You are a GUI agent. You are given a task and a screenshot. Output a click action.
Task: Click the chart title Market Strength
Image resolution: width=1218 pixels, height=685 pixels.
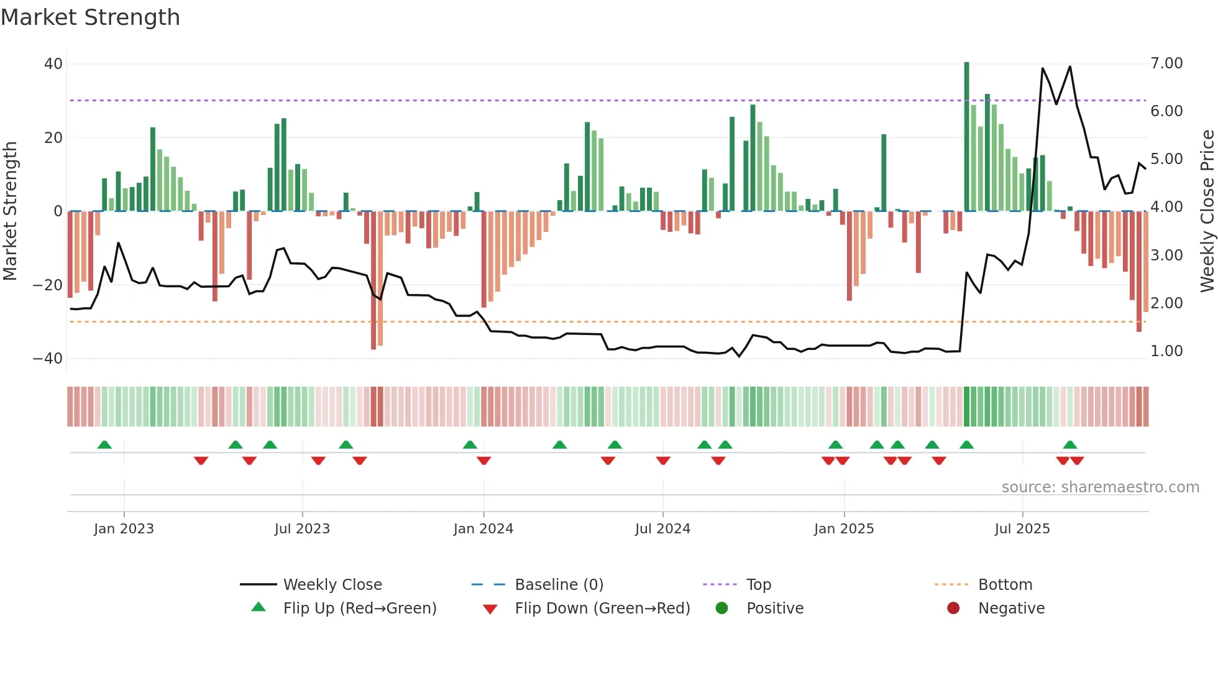click(x=90, y=17)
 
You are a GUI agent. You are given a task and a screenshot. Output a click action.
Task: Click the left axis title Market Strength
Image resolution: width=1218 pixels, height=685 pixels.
click(x=10, y=211)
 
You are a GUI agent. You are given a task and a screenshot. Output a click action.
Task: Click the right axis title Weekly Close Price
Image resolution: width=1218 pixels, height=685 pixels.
click(x=1207, y=211)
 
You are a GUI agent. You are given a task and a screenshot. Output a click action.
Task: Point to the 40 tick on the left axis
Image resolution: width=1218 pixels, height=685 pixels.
click(x=53, y=64)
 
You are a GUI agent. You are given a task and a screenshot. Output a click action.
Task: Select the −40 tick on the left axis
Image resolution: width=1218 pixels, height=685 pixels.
click(x=48, y=359)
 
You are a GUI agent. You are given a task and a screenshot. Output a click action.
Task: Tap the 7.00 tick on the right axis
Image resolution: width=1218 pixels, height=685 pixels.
click(x=1166, y=63)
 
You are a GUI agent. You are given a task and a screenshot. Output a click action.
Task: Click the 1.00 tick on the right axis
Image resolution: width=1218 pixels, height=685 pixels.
click(x=1166, y=351)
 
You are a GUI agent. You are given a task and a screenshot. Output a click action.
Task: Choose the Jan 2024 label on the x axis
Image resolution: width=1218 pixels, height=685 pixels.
click(x=483, y=529)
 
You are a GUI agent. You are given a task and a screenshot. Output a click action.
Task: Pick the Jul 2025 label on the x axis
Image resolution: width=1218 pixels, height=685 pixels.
click(x=1022, y=529)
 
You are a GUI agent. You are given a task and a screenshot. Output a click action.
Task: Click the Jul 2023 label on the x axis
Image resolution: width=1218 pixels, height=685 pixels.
click(x=302, y=529)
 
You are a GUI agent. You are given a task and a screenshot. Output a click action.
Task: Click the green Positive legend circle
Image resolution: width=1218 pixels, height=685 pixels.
click(x=721, y=608)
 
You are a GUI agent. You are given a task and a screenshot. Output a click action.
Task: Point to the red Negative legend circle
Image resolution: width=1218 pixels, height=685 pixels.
click(x=953, y=608)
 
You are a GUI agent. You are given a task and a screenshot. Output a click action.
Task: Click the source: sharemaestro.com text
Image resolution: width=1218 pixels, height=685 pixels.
click(x=1100, y=487)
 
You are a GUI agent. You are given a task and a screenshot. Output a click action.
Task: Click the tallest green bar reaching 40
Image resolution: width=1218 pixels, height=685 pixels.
click(x=966, y=137)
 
